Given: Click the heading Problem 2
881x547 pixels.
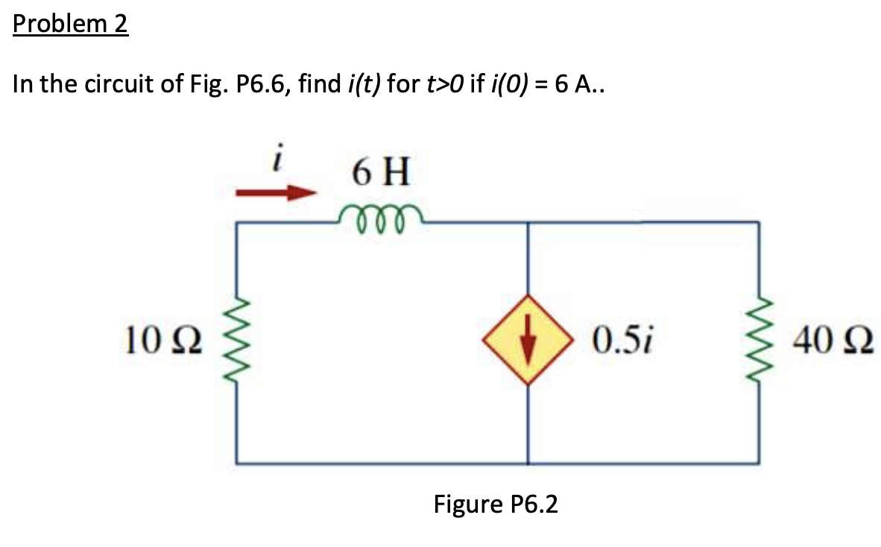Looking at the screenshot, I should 71,25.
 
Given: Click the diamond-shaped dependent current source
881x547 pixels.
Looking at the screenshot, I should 528,342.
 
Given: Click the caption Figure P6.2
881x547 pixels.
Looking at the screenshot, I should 496,505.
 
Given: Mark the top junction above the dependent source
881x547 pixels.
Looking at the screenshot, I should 528,222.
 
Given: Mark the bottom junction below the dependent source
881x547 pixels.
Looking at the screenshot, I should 528,462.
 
